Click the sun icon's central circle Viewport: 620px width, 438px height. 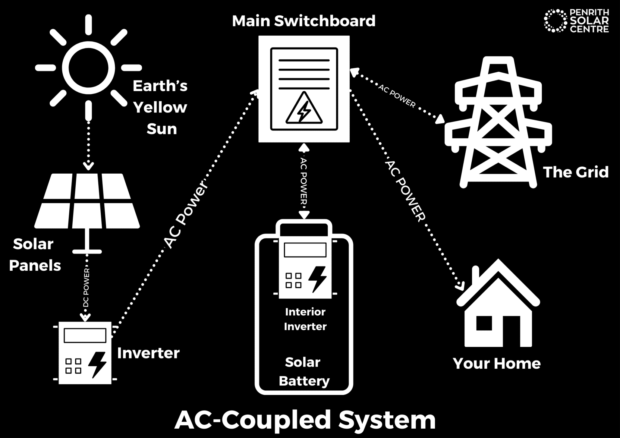click(x=88, y=68)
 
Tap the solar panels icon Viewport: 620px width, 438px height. click(x=87, y=201)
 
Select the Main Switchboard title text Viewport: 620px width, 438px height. click(x=304, y=21)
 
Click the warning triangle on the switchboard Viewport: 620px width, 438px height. click(x=304, y=109)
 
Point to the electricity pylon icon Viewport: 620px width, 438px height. click(x=498, y=121)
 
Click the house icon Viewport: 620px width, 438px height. click(x=498, y=306)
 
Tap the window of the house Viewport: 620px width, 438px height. click(x=484, y=323)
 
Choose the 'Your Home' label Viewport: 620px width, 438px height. click(x=497, y=363)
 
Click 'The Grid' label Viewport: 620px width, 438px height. click(x=576, y=172)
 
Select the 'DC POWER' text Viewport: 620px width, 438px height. click(x=87, y=287)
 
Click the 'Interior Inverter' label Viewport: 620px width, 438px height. click(x=305, y=319)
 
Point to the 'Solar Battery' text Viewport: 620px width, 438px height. click(x=304, y=371)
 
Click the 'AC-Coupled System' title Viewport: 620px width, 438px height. click(x=305, y=420)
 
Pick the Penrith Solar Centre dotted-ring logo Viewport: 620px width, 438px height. click(x=555, y=21)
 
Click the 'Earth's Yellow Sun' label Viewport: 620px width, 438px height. click(x=160, y=107)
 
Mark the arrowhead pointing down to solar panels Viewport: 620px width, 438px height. click(x=88, y=166)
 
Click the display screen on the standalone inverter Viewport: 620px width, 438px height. click(x=85, y=335)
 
